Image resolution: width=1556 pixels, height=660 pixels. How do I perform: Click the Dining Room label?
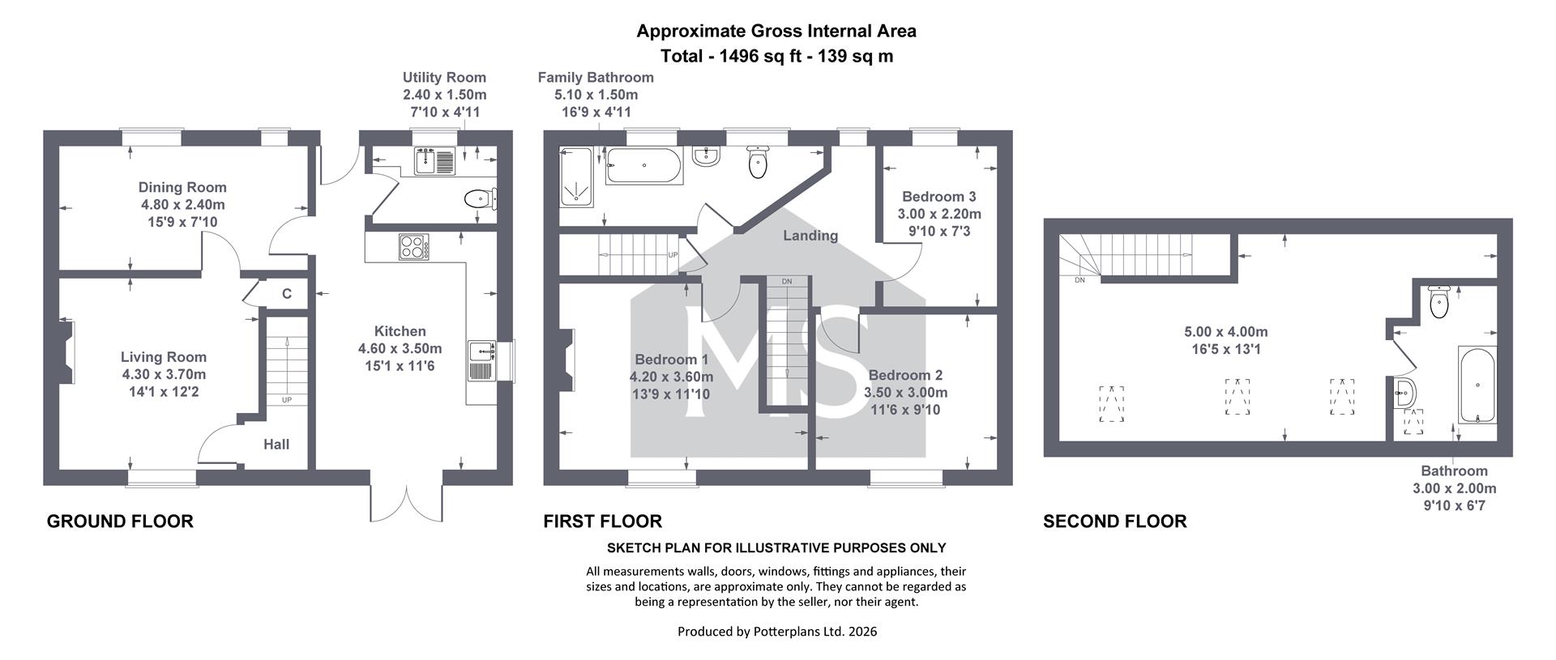pyautogui.click(x=182, y=187)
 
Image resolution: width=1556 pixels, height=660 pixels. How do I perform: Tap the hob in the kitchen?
pyautogui.click(x=413, y=246)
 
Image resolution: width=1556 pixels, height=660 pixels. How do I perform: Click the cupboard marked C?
pyautogui.click(x=287, y=294)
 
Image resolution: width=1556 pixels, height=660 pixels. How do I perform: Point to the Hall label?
pyautogui.click(x=276, y=444)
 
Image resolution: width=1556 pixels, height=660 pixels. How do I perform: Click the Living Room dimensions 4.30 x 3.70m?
pyautogui.click(x=164, y=374)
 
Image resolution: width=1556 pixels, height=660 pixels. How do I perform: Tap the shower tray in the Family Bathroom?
pyautogui.click(x=576, y=177)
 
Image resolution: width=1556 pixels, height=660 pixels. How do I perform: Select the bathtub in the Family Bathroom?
pyautogui.click(x=645, y=166)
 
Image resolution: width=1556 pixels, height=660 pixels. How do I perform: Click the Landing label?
pyautogui.click(x=810, y=236)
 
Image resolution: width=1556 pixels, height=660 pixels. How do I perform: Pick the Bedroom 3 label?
pyautogui.click(x=939, y=197)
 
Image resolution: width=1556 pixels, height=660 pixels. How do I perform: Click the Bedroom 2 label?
pyautogui.click(x=905, y=375)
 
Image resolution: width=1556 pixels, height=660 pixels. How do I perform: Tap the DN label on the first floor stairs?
pyautogui.click(x=787, y=282)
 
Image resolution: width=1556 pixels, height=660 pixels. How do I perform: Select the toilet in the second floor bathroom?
pyautogui.click(x=1440, y=301)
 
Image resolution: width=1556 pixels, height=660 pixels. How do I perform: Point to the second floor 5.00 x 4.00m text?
pyautogui.click(x=1226, y=332)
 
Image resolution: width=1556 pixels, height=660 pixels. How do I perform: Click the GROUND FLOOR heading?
pyautogui.click(x=120, y=522)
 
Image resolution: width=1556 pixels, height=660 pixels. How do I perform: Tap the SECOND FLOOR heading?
pyautogui.click(x=1115, y=522)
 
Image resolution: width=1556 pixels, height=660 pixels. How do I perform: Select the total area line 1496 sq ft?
pyautogui.click(x=777, y=56)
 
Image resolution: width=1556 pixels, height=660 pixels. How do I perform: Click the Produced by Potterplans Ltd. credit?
pyautogui.click(x=777, y=632)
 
